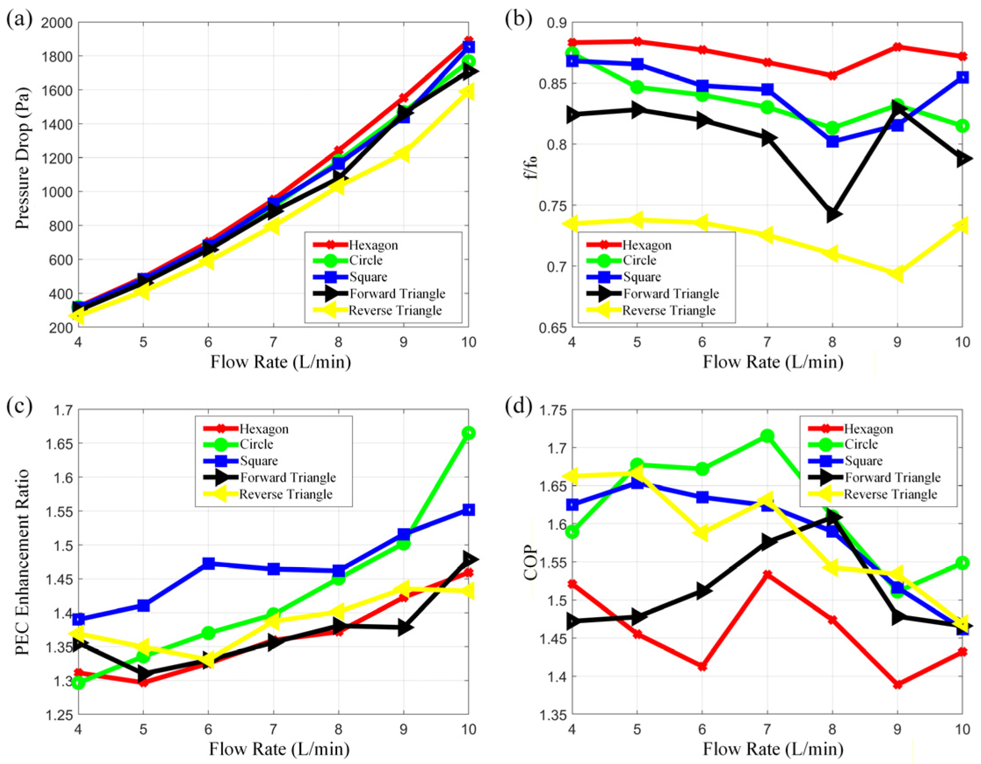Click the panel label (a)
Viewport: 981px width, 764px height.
(19, 20)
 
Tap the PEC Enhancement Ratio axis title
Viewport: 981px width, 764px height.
(22, 562)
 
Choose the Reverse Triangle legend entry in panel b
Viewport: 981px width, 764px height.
(651, 311)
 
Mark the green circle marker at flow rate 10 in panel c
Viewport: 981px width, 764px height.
(468, 433)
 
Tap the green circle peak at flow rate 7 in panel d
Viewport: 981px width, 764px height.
(767, 436)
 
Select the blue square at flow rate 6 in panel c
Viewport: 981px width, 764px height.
(208, 563)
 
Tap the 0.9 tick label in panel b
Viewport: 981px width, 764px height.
(558, 23)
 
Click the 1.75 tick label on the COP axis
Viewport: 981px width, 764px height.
(554, 410)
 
